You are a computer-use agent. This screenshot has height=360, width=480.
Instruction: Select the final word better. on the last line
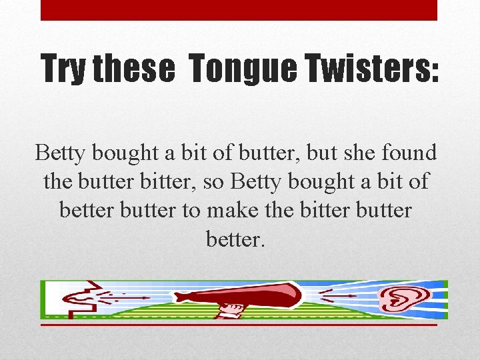click(x=236, y=239)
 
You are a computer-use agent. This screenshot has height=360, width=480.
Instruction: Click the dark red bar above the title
click(x=239, y=10)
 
